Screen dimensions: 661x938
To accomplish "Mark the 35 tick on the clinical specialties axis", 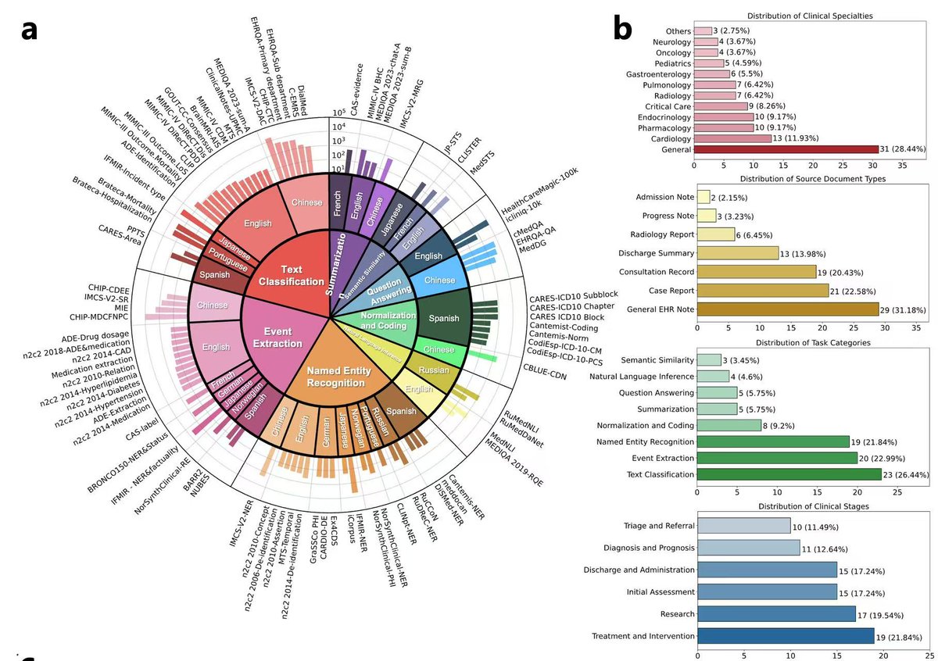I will [x=900, y=166].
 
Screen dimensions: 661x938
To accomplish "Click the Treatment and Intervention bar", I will [x=785, y=635].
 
